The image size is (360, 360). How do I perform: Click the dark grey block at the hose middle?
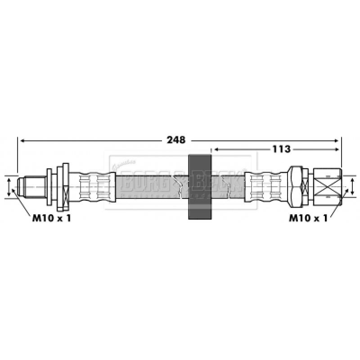pyautogui.click(x=199, y=187)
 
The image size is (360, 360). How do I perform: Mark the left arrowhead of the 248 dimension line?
pyautogui.click(x=21, y=140)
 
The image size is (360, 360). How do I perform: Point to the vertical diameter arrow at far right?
pyautogui.click(x=352, y=185)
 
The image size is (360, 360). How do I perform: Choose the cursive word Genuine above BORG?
pyautogui.click(x=121, y=165)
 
